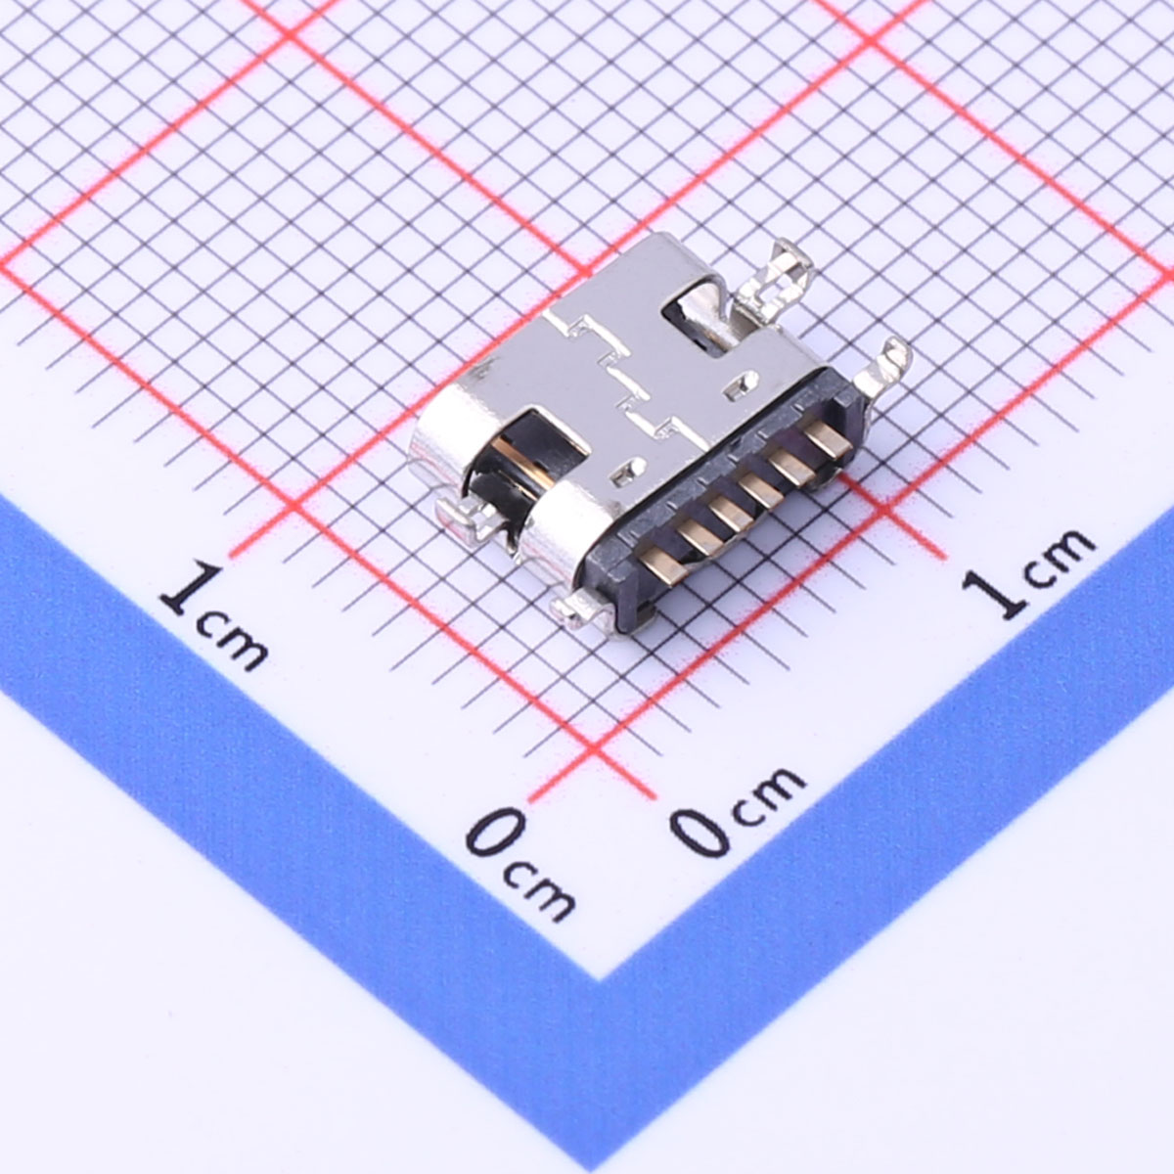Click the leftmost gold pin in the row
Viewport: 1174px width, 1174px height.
(x=663, y=564)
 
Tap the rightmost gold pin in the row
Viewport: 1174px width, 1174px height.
(x=828, y=438)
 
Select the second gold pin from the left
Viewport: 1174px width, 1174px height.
(x=699, y=535)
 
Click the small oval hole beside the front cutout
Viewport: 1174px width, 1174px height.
(x=629, y=471)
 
